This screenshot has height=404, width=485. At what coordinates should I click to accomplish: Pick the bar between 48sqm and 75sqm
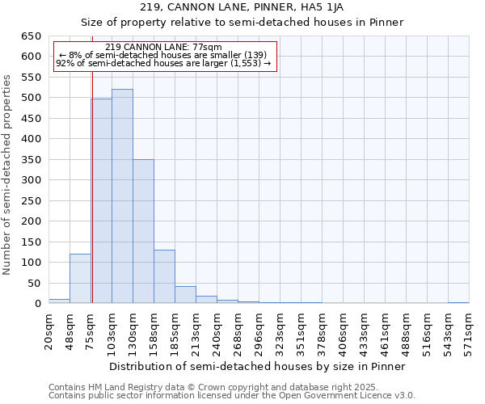pyautogui.click(x=80, y=279)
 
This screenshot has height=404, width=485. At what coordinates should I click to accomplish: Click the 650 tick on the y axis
pyautogui.click(x=30, y=36)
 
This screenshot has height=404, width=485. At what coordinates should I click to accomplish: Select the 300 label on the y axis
pyautogui.click(x=30, y=180)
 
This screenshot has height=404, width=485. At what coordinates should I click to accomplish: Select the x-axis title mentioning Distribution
pyautogui.click(x=256, y=366)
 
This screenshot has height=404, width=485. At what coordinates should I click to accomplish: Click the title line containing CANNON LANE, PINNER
pyautogui.click(x=242, y=7)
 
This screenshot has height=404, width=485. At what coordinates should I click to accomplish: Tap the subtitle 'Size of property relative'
pyautogui.click(x=242, y=22)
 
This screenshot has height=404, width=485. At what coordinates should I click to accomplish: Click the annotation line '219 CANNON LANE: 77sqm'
pyautogui.click(x=164, y=47)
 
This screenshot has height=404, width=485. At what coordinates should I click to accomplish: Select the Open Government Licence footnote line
pyautogui.click(x=232, y=396)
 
